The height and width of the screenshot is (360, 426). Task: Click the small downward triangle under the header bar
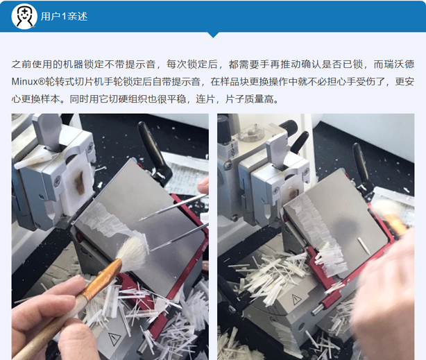click(x=213, y=35)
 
